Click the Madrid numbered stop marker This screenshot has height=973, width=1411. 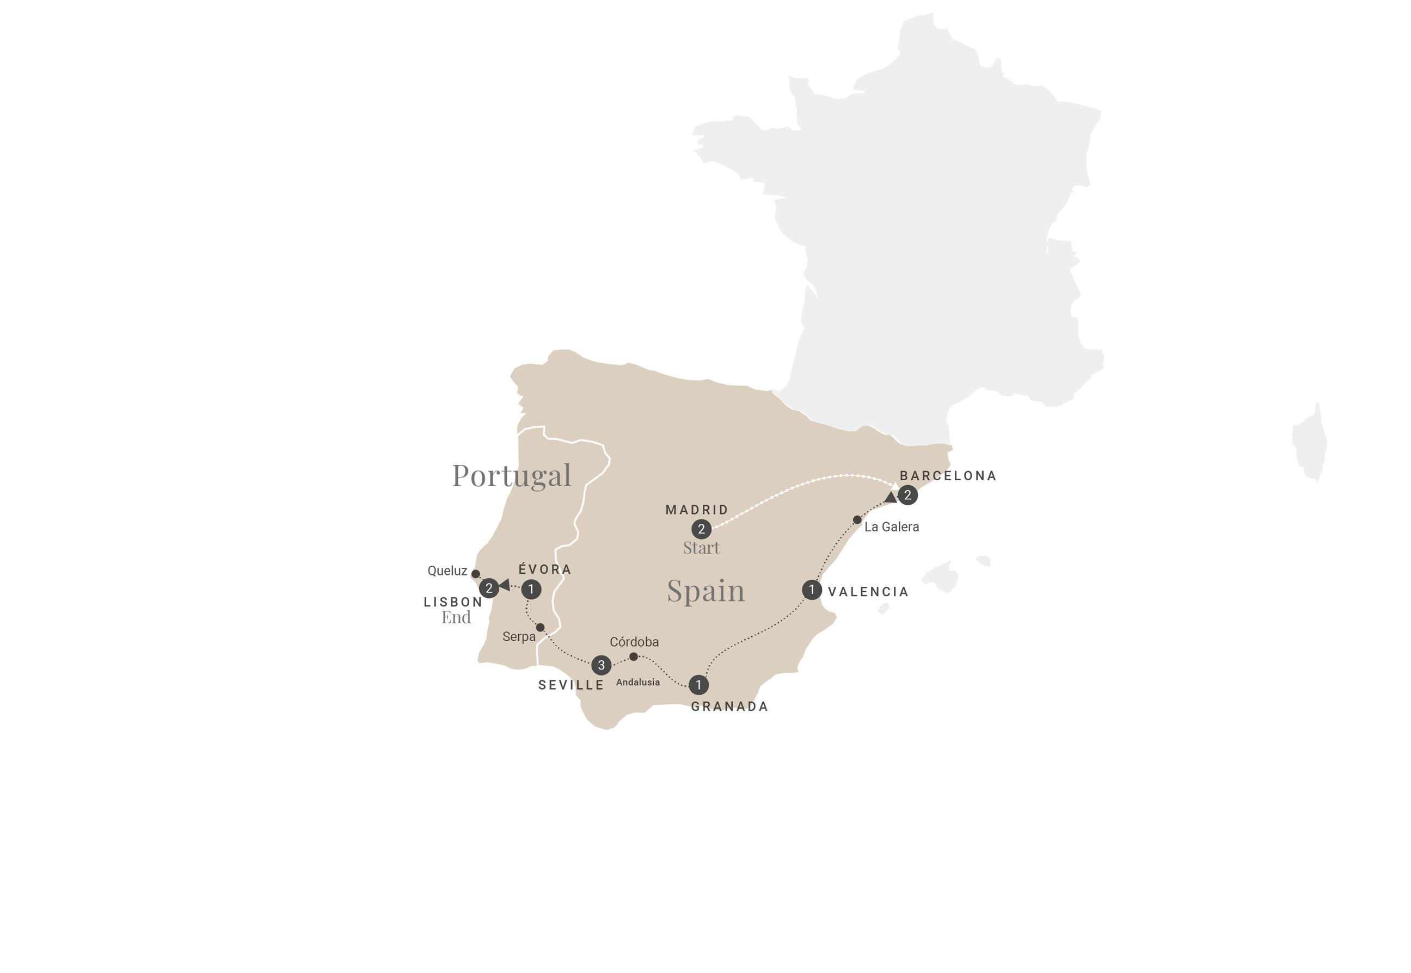click(701, 529)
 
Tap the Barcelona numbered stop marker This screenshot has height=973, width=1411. click(907, 495)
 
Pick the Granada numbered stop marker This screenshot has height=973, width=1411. click(698, 685)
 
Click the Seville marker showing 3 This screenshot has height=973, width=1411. click(601, 665)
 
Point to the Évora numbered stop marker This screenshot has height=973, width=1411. click(531, 589)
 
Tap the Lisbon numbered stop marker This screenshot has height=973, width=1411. click(489, 588)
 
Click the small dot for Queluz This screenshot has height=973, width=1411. click(476, 574)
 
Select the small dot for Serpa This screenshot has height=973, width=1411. click(540, 627)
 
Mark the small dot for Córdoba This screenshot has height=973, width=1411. click(633, 656)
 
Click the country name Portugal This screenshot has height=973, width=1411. click(511, 475)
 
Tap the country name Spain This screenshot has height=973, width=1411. click(706, 591)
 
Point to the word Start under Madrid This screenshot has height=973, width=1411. click(701, 548)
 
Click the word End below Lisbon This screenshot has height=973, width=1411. click(456, 617)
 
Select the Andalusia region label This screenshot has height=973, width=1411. click(637, 682)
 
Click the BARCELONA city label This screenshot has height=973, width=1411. click(948, 475)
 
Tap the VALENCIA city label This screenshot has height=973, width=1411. click(868, 591)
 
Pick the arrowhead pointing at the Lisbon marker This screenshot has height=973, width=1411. click(505, 585)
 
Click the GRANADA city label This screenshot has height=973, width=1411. click(729, 706)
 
